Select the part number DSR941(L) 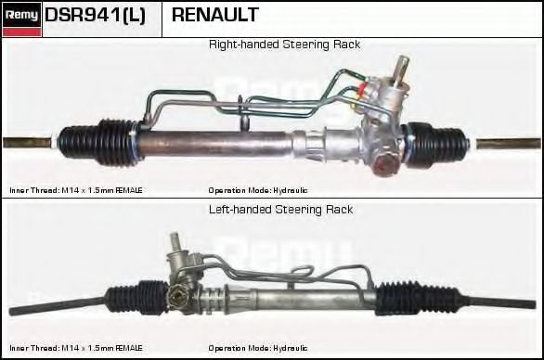[95, 16]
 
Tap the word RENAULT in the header [215, 16]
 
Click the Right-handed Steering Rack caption [284, 45]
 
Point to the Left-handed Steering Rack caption [281, 210]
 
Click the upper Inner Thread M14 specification [76, 189]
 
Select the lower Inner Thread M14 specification [76, 348]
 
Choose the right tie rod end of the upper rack [510, 145]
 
